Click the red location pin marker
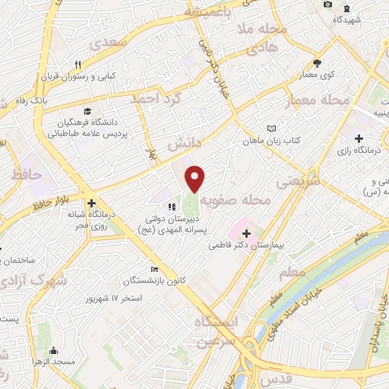pyautogui.click(x=195, y=178)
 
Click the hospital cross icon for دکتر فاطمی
pyautogui.click(x=245, y=232)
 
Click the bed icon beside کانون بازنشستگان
pyautogui.click(x=155, y=269)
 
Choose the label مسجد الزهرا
pyautogui.click(x=53, y=362)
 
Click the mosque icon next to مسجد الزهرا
pyautogui.click(x=53, y=350)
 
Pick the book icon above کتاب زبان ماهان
pyautogui.click(x=272, y=128)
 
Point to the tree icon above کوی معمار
pyautogui.click(x=317, y=64)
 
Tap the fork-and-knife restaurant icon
pyautogui.click(x=77, y=65)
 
